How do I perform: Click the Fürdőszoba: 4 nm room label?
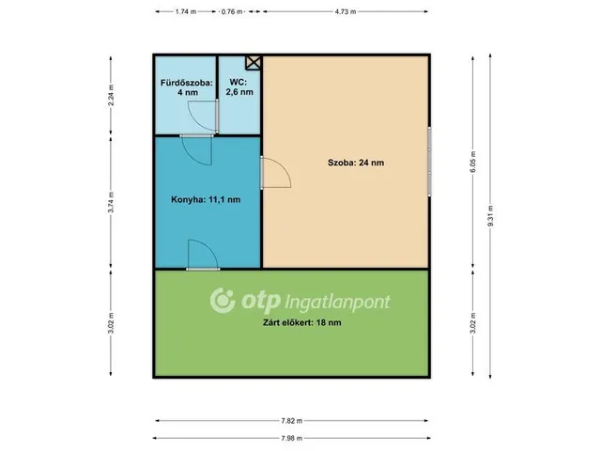(x=187, y=87)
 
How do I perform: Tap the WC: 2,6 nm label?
(x=239, y=87)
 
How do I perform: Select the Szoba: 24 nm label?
(x=356, y=163)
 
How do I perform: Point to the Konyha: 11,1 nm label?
(x=206, y=199)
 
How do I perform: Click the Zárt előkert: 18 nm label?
(x=302, y=322)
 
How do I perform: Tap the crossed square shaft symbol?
(x=253, y=63)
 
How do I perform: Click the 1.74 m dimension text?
(x=186, y=11)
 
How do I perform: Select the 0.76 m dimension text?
(x=232, y=11)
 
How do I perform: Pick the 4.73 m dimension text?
(x=345, y=11)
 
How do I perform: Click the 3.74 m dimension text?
(x=111, y=202)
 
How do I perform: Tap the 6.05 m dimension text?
(x=473, y=162)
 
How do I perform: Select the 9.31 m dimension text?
(x=490, y=216)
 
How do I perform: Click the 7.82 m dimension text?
(x=292, y=421)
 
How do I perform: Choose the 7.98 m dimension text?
(x=292, y=438)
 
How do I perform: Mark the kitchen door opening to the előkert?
(x=203, y=255)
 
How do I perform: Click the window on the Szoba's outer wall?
(x=429, y=162)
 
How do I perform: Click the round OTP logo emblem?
(x=223, y=301)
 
